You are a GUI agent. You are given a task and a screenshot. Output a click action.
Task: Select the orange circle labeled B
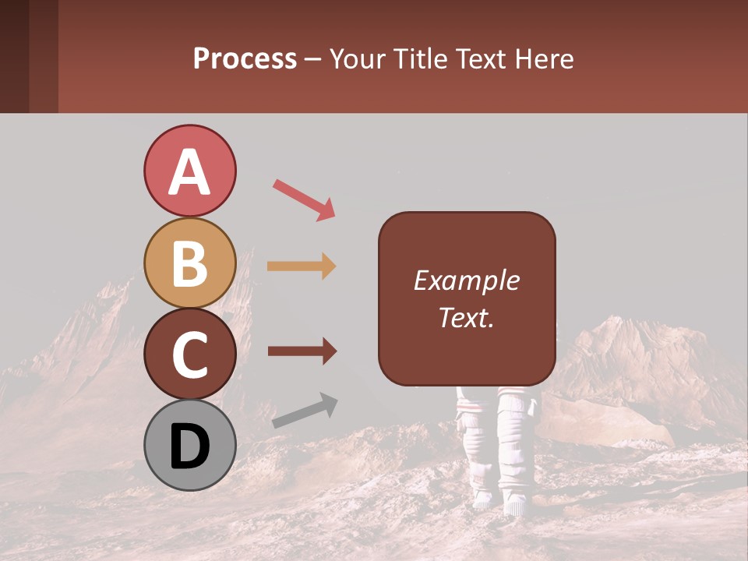coord(189,263)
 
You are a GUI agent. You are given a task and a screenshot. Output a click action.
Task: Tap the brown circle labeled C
coord(189,355)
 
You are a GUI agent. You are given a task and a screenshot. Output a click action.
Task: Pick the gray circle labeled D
coord(189,446)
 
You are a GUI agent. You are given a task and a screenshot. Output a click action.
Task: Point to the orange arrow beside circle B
coord(302,266)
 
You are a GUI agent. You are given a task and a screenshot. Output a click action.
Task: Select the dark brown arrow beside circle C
coord(302,351)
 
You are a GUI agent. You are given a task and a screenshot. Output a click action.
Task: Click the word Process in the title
coord(245,58)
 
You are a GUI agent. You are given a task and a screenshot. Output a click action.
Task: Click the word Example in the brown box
coord(467,280)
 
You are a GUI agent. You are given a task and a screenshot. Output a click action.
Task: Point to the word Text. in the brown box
coord(467,317)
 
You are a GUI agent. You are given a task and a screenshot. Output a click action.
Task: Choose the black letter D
coord(189,447)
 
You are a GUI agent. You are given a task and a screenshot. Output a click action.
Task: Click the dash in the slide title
coord(313,59)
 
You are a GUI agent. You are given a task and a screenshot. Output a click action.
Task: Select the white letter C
coord(189,355)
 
